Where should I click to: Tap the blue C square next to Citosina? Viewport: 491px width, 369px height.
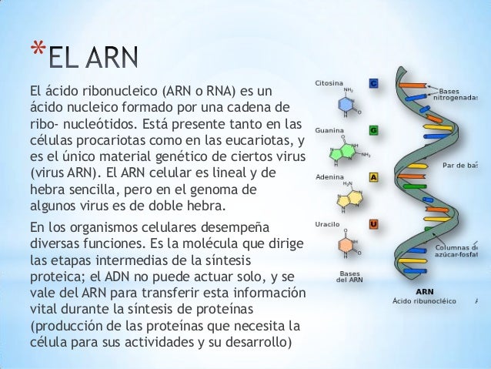[373, 82]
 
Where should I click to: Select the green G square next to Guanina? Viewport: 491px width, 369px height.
[373, 130]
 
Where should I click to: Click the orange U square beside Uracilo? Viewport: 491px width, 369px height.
[373, 224]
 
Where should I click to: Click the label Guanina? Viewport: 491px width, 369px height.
[328, 130]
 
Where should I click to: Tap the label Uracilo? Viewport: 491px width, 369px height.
[327, 224]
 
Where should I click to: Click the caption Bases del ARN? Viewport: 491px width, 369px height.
[350, 276]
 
